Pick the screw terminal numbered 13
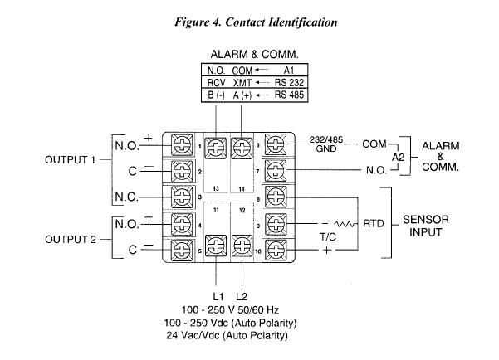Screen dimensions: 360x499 coord(216,148)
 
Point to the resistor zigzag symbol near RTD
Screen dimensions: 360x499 coord(345,224)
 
